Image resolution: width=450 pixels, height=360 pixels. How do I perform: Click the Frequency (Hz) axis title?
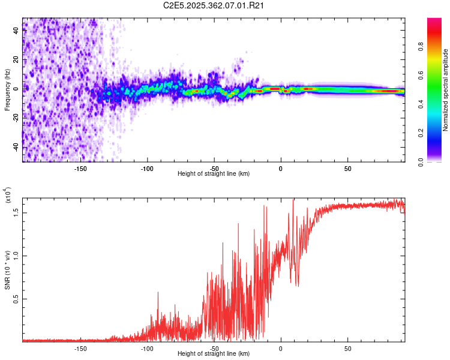point(7,90)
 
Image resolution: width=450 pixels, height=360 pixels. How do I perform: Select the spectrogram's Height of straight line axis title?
point(214,173)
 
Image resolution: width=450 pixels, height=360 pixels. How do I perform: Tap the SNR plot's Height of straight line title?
point(214,353)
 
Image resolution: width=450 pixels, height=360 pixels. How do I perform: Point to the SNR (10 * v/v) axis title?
point(7,269)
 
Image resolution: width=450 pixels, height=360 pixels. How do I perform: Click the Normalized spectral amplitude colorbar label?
point(446,90)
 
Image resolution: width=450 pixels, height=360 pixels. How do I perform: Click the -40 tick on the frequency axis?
point(16,147)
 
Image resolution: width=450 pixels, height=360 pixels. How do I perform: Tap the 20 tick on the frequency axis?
point(16,59)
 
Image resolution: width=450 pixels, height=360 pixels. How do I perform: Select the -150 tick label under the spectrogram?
point(80,168)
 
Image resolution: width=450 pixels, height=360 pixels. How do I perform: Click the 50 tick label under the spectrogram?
point(348,168)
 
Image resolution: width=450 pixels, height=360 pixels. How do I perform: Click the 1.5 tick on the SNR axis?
point(16,212)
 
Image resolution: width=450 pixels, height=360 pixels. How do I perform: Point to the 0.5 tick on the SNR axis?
point(16,298)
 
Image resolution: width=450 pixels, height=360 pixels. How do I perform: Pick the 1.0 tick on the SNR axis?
point(16,255)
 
